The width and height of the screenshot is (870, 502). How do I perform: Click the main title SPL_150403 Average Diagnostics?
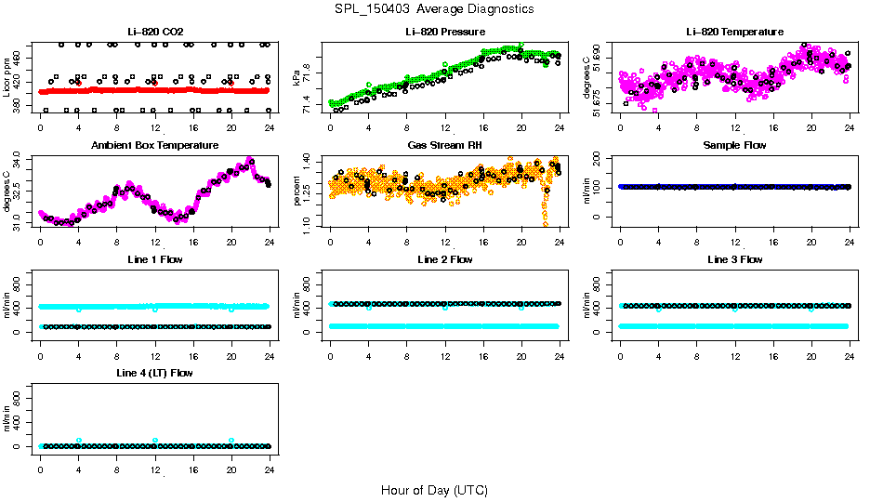[x=435, y=8]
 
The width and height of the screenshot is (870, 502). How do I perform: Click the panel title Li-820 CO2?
[x=155, y=32]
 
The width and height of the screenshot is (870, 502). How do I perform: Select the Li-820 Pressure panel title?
[x=445, y=32]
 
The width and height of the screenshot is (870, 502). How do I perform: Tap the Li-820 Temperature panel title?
[x=734, y=32]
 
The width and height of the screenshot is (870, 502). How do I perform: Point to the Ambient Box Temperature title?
[x=155, y=145]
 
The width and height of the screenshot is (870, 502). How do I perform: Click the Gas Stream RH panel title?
[x=445, y=145]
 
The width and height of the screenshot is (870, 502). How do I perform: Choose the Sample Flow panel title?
[x=734, y=145]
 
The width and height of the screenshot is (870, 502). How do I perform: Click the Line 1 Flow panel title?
[x=155, y=259]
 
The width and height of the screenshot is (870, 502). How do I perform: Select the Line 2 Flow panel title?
[x=445, y=259]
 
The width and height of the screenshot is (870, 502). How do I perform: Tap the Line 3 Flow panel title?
[x=734, y=259]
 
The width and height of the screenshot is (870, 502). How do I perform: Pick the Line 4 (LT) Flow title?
[x=155, y=373]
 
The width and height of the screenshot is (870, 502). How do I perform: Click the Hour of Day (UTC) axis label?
[x=434, y=490]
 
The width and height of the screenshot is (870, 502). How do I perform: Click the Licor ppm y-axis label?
[x=7, y=78]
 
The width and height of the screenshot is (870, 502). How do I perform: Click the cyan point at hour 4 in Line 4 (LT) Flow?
[x=79, y=441]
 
